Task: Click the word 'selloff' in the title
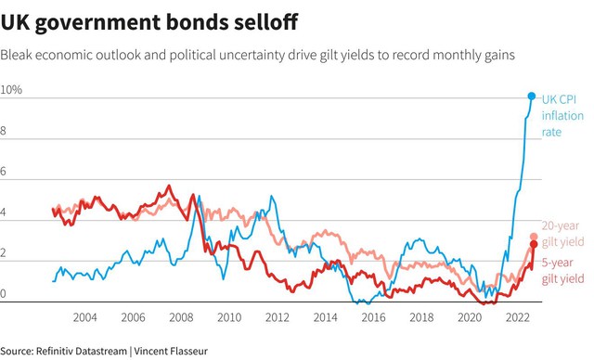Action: (x=265, y=22)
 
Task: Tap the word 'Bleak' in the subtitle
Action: (x=16, y=55)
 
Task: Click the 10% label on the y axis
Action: (x=11, y=90)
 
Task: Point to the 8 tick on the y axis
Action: (x=3, y=131)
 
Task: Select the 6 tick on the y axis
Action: (x=3, y=171)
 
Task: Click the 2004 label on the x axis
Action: (x=84, y=317)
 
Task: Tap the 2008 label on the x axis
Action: (x=181, y=317)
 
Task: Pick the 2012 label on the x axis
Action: (x=278, y=317)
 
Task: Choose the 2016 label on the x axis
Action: (x=373, y=317)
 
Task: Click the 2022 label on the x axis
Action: (x=518, y=317)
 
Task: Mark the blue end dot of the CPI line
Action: (x=532, y=96)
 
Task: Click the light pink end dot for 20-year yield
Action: (x=534, y=237)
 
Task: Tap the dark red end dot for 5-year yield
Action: (x=534, y=245)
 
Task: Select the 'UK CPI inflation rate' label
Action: (x=562, y=115)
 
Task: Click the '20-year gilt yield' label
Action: (x=563, y=234)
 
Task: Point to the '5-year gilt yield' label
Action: (x=563, y=270)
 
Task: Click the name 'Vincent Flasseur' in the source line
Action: (x=171, y=351)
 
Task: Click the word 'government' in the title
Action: (x=100, y=22)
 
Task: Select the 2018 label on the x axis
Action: (x=421, y=317)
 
